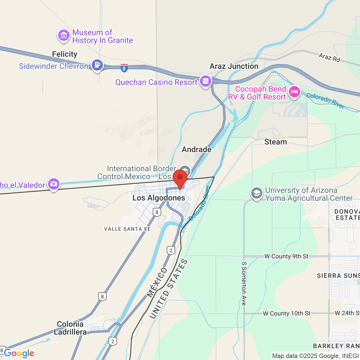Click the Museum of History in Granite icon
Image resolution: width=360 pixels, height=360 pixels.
64,36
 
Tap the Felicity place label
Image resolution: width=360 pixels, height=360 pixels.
65,54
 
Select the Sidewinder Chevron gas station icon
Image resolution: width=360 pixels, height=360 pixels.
97,65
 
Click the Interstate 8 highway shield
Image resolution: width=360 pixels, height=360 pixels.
124,68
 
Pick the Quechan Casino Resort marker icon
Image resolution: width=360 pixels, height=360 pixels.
206,81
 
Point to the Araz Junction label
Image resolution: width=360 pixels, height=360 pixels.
234,66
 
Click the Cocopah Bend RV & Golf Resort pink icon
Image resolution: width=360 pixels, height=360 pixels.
294,92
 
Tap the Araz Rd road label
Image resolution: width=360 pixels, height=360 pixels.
329,57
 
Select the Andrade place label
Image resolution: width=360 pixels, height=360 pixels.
197,149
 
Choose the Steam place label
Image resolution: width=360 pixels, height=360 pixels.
276,142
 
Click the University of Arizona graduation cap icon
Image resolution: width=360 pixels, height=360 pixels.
256,193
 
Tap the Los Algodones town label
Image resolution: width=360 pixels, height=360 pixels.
159,198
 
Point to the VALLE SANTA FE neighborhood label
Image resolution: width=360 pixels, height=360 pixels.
127,229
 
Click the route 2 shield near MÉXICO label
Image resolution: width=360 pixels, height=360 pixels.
171,250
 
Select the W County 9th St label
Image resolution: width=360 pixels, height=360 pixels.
286,256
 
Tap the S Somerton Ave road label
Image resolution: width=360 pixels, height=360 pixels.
244,283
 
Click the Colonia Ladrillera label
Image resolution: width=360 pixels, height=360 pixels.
70,328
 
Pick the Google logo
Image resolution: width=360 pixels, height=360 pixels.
19,353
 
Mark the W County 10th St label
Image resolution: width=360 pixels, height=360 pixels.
287,313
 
